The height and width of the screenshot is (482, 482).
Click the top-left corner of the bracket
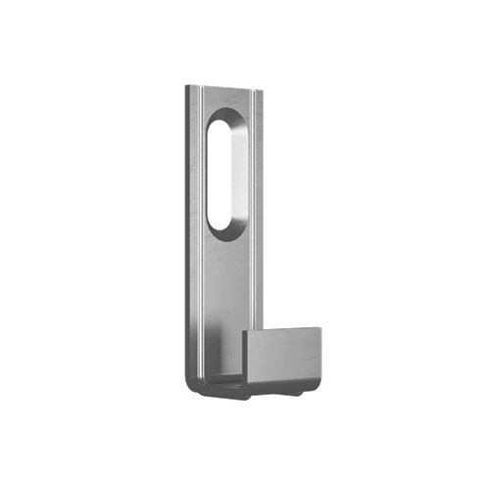(186, 87)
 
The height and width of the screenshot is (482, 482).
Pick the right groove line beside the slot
(253, 196)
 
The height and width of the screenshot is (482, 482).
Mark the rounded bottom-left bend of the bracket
(192, 384)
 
